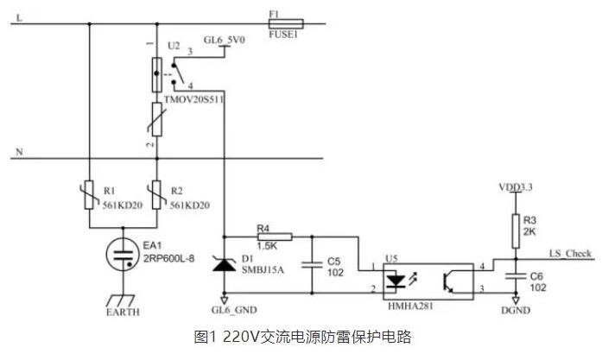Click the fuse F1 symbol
[x=287, y=25]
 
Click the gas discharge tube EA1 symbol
[x=122, y=252]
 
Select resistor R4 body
[x=273, y=235]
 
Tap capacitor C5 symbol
[x=310, y=261]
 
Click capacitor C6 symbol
[x=516, y=275]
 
